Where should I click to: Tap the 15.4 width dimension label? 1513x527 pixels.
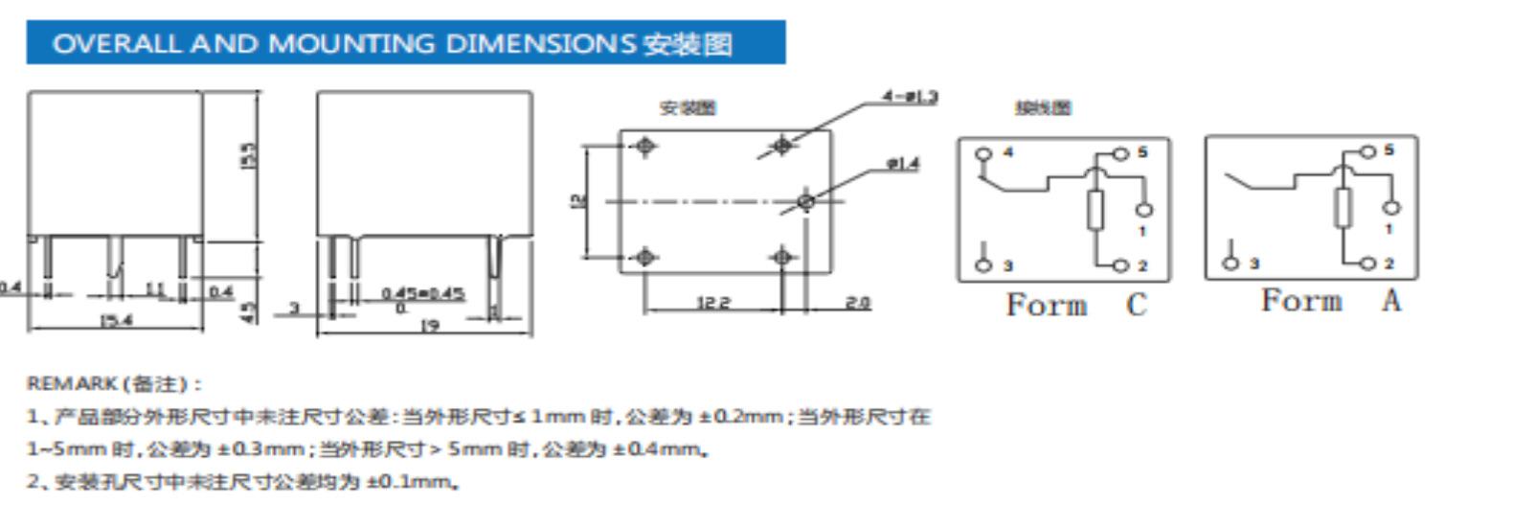115,321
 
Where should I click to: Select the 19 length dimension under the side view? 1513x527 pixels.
429,326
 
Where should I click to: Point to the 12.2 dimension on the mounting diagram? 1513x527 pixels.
712,303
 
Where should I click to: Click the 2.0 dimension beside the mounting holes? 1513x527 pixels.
857,303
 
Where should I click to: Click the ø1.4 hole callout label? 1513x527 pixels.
903,164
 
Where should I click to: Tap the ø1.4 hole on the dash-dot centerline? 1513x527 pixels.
806,201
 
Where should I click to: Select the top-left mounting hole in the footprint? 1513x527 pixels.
645,146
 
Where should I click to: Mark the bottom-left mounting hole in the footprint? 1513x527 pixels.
645,257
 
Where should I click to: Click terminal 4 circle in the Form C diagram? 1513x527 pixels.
982,153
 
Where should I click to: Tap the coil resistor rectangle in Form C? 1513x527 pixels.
1095,210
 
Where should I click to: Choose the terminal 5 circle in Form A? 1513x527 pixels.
1367,151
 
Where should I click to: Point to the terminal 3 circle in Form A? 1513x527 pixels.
1231,263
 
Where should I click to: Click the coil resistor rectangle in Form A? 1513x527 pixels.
1343,208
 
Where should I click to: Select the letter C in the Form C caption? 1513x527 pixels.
1136,305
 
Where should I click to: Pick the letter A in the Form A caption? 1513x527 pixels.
1390,301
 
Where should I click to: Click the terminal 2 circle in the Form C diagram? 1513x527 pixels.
1120,265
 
